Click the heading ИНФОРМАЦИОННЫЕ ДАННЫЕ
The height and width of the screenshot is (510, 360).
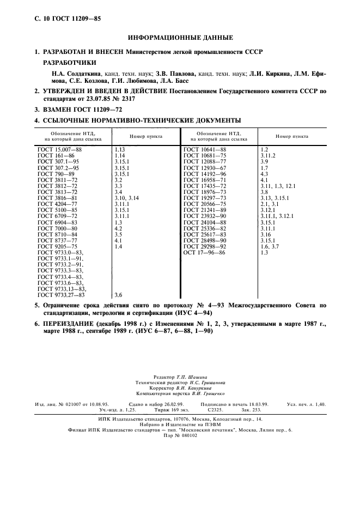[180, 38]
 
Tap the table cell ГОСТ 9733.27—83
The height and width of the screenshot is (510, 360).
[61, 294]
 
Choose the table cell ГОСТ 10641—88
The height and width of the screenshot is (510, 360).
[205, 149]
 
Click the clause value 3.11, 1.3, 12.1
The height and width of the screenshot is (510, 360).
[279, 185]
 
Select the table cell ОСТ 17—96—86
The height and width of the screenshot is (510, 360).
[204, 252]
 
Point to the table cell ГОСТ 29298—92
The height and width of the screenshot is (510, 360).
[205, 246]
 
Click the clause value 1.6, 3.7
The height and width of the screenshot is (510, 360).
[270, 246]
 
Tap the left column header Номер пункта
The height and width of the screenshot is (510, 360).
[145, 136]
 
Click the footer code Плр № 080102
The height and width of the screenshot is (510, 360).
[180, 435]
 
